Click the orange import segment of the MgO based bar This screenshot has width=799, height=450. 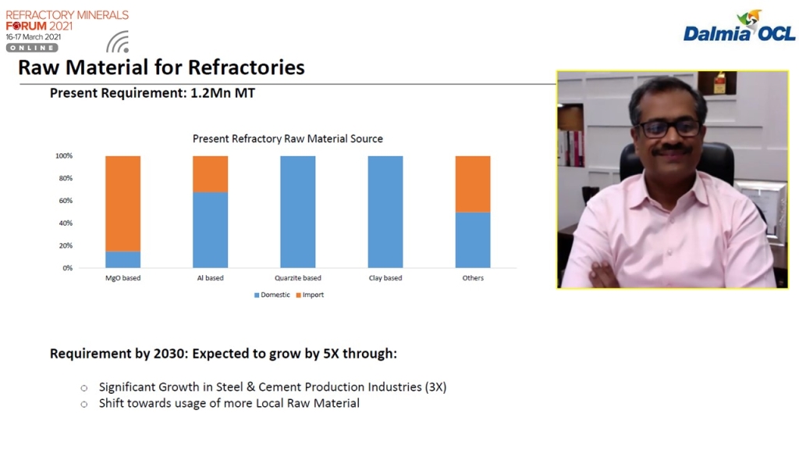tap(123, 204)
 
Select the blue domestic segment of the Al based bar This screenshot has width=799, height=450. tap(211, 230)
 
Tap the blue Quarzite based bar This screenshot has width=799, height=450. tap(297, 212)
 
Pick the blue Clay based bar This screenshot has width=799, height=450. tap(385, 212)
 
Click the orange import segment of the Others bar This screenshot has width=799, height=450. tap(473, 184)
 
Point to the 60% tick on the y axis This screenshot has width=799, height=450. tap(66, 201)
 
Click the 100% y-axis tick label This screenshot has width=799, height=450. tap(64, 155)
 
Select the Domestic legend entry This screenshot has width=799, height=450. tap(272, 295)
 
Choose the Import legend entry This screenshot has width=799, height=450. tap(310, 295)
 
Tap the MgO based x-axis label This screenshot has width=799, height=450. tap(123, 278)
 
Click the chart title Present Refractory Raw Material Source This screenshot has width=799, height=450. tap(287, 139)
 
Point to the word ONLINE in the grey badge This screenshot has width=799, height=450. tap(32, 48)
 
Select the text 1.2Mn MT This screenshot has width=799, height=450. tap(222, 94)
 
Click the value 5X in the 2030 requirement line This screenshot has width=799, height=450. tap(331, 354)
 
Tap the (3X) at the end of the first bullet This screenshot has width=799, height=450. tap(435, 387)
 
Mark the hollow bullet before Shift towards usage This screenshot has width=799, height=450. tap(84, 404)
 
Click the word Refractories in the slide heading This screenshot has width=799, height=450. tap(247, 67)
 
